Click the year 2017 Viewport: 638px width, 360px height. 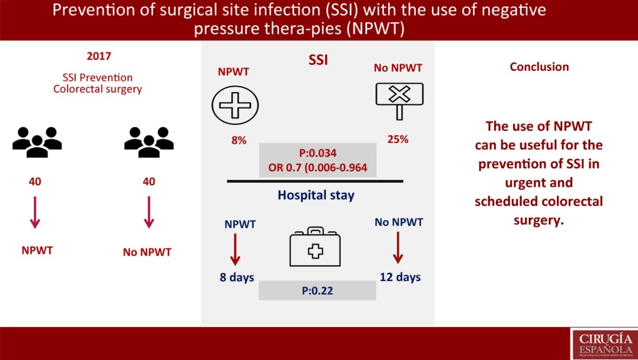[99, 56]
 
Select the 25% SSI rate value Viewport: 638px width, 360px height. [397, 140]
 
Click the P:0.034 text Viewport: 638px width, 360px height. [317, 154]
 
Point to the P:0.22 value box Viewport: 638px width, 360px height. [317, 290]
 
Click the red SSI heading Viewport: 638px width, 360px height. [318, 61]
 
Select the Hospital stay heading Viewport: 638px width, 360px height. [316, 195]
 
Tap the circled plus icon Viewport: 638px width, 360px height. [235, 103]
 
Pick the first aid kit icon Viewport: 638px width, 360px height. [315, 247]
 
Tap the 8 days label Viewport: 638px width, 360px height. [237, 278]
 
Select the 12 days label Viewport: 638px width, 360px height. [400, 277]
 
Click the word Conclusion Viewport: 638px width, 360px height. [539, 67]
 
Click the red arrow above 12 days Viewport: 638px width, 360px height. [397, 247]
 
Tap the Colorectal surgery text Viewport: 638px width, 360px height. [98, 89]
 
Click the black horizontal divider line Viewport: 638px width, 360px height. [315, 181]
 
